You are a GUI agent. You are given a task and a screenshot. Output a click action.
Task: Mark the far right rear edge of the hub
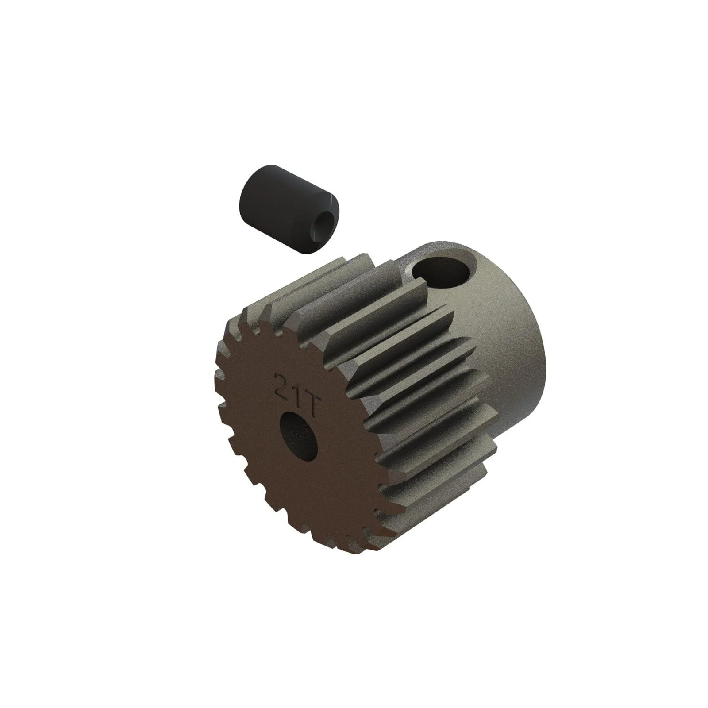coord(546,354)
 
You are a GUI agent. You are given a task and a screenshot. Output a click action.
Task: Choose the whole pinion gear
coord(376,398)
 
